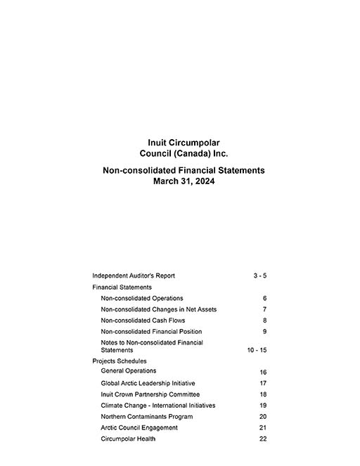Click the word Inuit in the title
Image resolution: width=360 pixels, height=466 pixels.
151,143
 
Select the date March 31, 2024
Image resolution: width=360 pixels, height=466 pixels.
184,181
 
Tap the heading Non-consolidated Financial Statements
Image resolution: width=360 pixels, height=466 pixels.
184,170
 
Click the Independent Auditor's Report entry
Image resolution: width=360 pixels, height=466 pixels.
134,276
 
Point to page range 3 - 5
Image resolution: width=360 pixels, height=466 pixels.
259,276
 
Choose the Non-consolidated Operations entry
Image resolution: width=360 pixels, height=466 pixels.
142,298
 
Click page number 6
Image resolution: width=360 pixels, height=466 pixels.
264,298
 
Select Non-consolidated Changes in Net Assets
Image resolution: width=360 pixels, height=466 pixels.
159,309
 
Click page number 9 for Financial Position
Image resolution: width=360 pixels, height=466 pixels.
264,332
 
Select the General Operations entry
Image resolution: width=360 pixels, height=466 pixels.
129,370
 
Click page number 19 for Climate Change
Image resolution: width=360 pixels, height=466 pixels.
262,406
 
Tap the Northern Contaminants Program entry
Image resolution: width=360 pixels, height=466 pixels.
147,417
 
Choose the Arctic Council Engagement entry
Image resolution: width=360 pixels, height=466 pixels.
139,428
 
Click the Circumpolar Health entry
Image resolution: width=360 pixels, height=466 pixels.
128,439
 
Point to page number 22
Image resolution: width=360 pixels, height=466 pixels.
262,439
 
